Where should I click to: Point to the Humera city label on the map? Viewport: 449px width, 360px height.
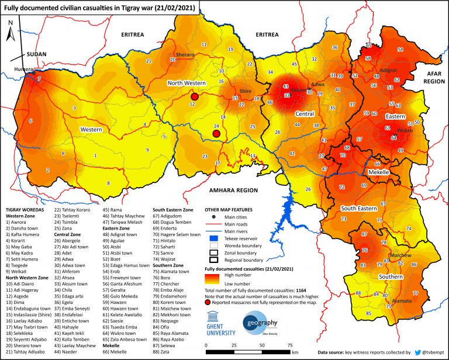point(23,68)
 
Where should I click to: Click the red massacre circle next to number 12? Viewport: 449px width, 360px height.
point(195,96)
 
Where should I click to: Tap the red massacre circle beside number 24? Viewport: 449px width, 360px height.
point(216,134)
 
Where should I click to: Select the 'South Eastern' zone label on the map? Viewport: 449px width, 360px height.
point(359,208)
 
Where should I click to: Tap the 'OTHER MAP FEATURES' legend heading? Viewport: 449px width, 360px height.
point(234,208)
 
